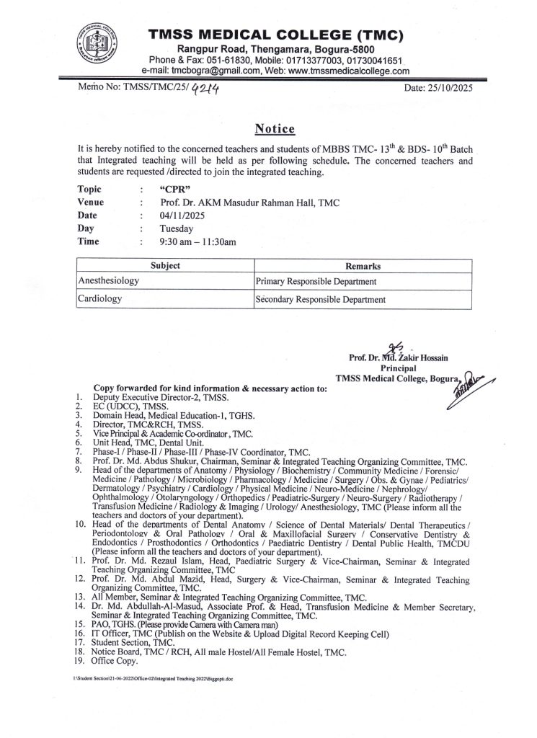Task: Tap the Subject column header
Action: (x=165, y=266)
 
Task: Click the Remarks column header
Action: (x=363, y=266)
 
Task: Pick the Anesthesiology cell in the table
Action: (x=109, y=280)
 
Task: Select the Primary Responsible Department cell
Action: (x=317, y=281)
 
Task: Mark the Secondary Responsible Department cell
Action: (x=321, y=299)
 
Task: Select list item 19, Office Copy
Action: (x=115, y=660)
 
